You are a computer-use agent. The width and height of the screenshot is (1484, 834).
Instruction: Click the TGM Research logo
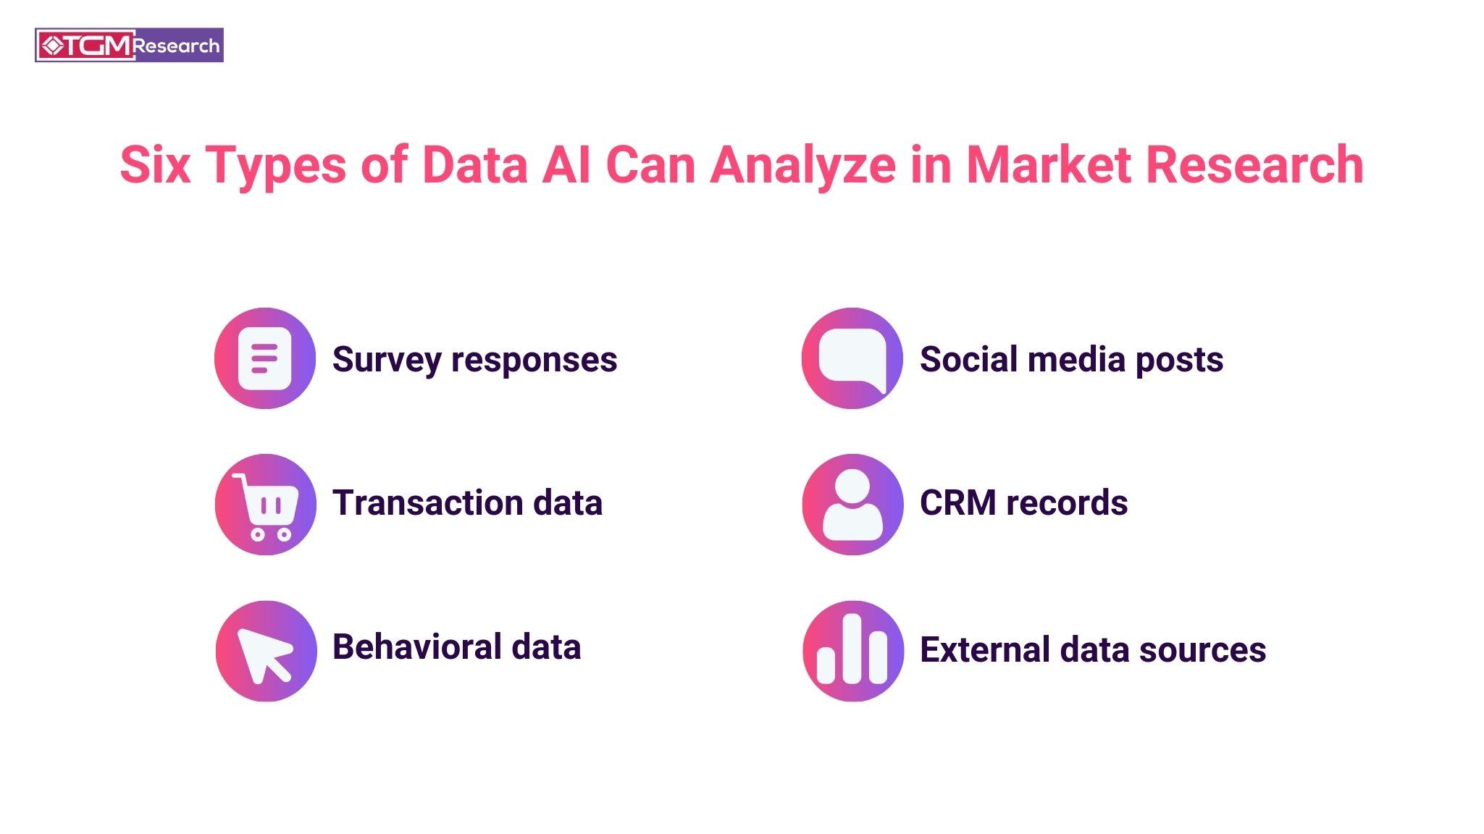point(129,46)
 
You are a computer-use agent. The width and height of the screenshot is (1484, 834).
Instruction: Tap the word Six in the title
point(156,165)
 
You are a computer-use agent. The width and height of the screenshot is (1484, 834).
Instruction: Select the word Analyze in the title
point(802,165)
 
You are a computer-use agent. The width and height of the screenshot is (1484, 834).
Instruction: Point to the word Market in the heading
point(1049,165)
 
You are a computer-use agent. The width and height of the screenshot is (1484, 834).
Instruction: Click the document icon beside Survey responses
point(265,358)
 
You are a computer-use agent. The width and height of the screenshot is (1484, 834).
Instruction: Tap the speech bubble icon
point(852,358)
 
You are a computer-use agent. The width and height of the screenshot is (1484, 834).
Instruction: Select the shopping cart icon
point(265,505)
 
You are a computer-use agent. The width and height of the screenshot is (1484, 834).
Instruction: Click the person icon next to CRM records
point(852,505)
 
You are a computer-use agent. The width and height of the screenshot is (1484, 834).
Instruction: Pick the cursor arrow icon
point(265,651)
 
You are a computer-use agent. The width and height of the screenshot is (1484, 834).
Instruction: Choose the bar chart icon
point(852,651)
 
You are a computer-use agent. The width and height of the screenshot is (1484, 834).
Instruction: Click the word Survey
point(386,360)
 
